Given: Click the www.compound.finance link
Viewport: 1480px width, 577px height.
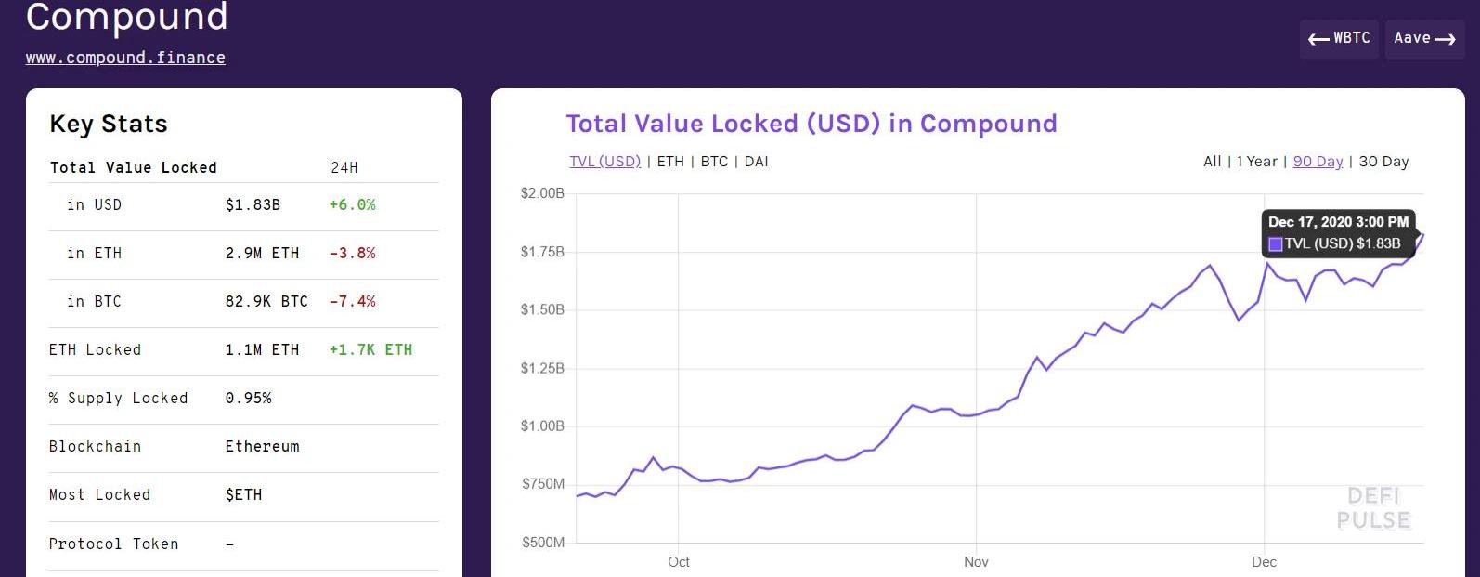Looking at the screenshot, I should point(125,58).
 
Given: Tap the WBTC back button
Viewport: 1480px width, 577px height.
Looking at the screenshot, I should point(1339,38).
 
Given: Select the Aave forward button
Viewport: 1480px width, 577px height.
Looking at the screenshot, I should point(1424,38).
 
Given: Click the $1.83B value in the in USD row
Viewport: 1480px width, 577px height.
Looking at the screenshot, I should point(253,205).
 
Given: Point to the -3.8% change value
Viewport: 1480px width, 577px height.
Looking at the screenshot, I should point(352,254).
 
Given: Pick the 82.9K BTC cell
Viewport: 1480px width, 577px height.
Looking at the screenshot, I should point(266,302).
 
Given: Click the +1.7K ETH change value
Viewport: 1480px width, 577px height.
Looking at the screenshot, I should point(370,350).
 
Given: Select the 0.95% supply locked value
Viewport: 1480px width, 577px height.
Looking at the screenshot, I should point(248,399).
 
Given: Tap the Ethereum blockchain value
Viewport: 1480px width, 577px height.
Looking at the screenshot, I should point(262,447).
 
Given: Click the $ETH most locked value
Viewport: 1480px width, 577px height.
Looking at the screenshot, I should point(243,495).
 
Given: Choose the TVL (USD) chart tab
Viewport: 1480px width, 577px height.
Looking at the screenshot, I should point(604,162).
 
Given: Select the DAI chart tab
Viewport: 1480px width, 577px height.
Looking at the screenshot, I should point(756,162).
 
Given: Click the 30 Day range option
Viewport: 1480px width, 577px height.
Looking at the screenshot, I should point(1383,162).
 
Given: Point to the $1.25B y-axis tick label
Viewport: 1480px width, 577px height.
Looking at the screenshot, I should point(542,369).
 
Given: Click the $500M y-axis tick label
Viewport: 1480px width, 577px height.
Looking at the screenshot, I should point(542,543).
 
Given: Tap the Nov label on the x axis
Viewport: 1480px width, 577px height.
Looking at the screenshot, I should point(976,562).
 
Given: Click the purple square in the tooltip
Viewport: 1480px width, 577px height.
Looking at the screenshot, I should point(1276,244).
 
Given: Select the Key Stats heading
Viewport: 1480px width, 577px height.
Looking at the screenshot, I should point(109,125).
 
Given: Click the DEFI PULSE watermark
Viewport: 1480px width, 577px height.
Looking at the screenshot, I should point(1373,508).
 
